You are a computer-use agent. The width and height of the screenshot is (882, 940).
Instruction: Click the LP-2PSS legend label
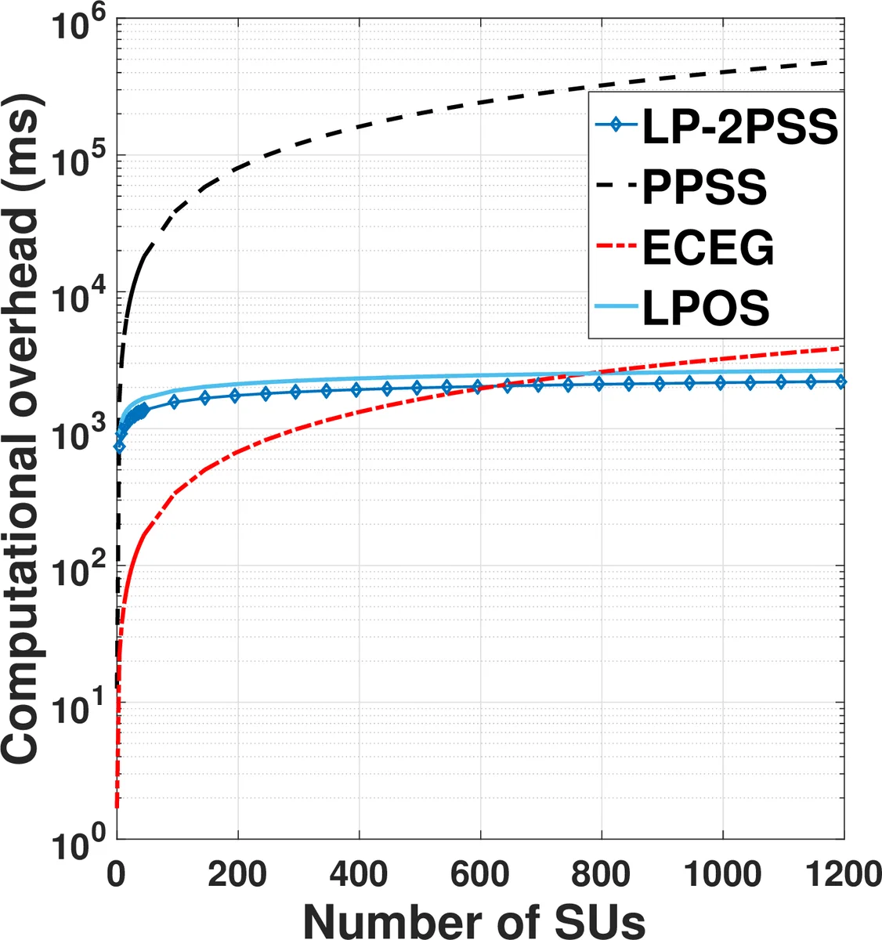point(739,127)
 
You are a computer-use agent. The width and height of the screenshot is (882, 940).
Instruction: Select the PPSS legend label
point(704,188)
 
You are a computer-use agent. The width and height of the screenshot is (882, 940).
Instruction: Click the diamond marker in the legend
point(616,125)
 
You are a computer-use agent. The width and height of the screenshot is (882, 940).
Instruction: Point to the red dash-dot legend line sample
point(616,248)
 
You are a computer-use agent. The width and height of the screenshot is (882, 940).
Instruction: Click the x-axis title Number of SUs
point(474,920)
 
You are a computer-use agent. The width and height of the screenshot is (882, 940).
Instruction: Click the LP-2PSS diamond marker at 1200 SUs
point(841,381)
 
